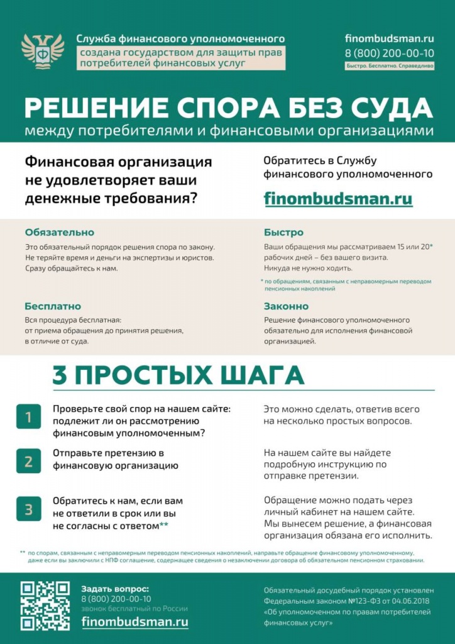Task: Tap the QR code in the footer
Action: coord(45,605)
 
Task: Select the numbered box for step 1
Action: coord(28,417)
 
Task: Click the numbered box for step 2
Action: coord(28,462)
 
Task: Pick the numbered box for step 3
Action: coord(28,509)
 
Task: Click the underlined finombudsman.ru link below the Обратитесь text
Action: coord(338,199)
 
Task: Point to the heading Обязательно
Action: coord(60,232)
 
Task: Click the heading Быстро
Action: coord(283,232)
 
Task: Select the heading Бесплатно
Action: coord(53,306)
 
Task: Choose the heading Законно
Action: coord(286,306)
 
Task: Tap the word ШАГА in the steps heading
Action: coord(258,375)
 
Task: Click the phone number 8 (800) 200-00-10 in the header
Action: coord(390,52)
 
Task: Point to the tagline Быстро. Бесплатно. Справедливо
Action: coord(390,65)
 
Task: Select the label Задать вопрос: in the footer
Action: coord(116,589)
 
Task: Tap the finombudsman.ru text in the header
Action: coord(390,38)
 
